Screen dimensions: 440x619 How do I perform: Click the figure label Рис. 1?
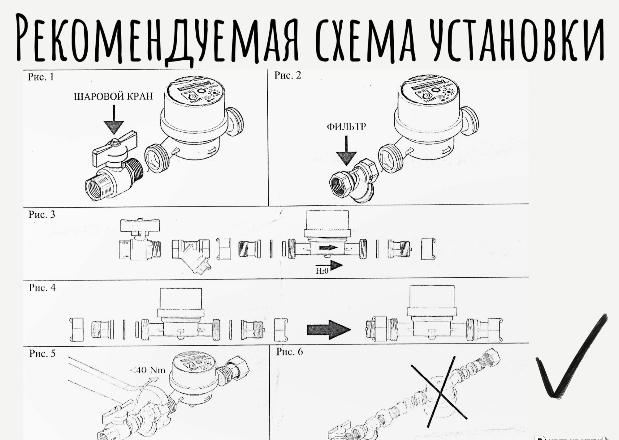point(41,77)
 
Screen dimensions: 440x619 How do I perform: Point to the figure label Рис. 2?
point(288,75)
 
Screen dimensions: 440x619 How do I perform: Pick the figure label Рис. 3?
point(42,214)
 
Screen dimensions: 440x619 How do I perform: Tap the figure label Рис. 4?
point(42,288)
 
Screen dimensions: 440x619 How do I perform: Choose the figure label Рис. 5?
point(42,353)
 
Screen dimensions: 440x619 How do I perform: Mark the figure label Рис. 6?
point(289,352)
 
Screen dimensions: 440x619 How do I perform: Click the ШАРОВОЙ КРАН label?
point(113,96)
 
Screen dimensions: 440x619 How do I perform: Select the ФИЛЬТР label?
point(346,127)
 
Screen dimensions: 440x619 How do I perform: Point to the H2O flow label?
point(322,271)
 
